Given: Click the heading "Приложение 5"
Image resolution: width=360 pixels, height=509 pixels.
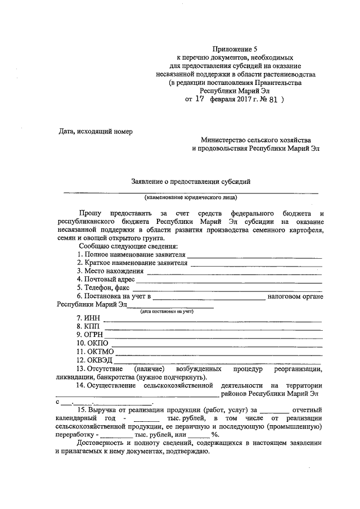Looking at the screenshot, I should click(x=236, y=49).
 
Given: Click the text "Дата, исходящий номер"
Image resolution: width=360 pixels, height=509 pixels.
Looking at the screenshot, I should click(x=96, y=132).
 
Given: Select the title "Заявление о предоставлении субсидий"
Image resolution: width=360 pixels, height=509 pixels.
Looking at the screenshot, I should click(x=190, y=181).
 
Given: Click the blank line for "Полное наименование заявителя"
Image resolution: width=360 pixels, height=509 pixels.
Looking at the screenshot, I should click(x=255, y=256).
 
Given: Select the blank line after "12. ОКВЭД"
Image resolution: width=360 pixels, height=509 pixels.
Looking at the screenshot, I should click(x=220, y=361).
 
